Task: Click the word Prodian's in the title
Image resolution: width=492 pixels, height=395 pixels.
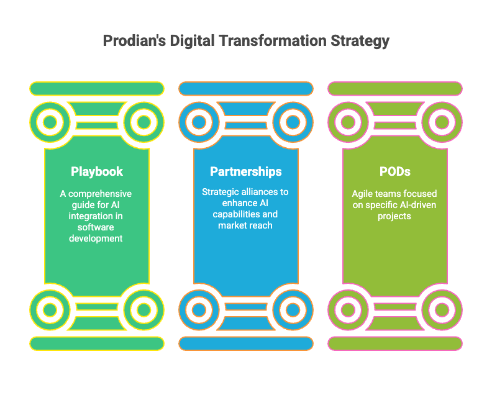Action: pos(134,41)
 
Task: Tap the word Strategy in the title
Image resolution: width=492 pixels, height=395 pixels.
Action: pos(360,42)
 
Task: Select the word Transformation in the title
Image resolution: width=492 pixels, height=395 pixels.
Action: pos(273,41)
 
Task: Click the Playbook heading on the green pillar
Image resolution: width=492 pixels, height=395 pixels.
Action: pos(97,171)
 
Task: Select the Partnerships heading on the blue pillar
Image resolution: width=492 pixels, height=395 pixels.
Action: pos(246,171)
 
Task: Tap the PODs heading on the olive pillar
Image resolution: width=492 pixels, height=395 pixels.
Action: pos(395,171)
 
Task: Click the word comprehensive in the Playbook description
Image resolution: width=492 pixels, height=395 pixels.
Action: pos(100,194)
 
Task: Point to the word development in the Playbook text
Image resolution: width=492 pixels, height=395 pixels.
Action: pos(96,238)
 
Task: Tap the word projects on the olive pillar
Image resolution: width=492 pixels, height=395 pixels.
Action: pos(394,217)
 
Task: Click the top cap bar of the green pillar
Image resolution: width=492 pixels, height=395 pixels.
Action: pos(97,88)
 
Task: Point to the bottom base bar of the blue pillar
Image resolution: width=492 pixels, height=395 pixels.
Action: pos(246,343)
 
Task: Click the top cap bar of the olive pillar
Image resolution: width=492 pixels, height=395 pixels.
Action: pos(395,88)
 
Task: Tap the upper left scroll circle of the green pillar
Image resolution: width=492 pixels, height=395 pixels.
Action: pos(50,122)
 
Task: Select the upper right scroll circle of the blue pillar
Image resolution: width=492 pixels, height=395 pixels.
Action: pos(293,122)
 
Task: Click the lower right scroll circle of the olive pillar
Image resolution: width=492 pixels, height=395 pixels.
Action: pos(442,310)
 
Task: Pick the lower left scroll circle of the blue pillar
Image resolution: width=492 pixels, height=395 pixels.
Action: pos(199,310)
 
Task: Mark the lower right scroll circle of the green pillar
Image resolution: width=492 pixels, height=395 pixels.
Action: pos(144,310)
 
